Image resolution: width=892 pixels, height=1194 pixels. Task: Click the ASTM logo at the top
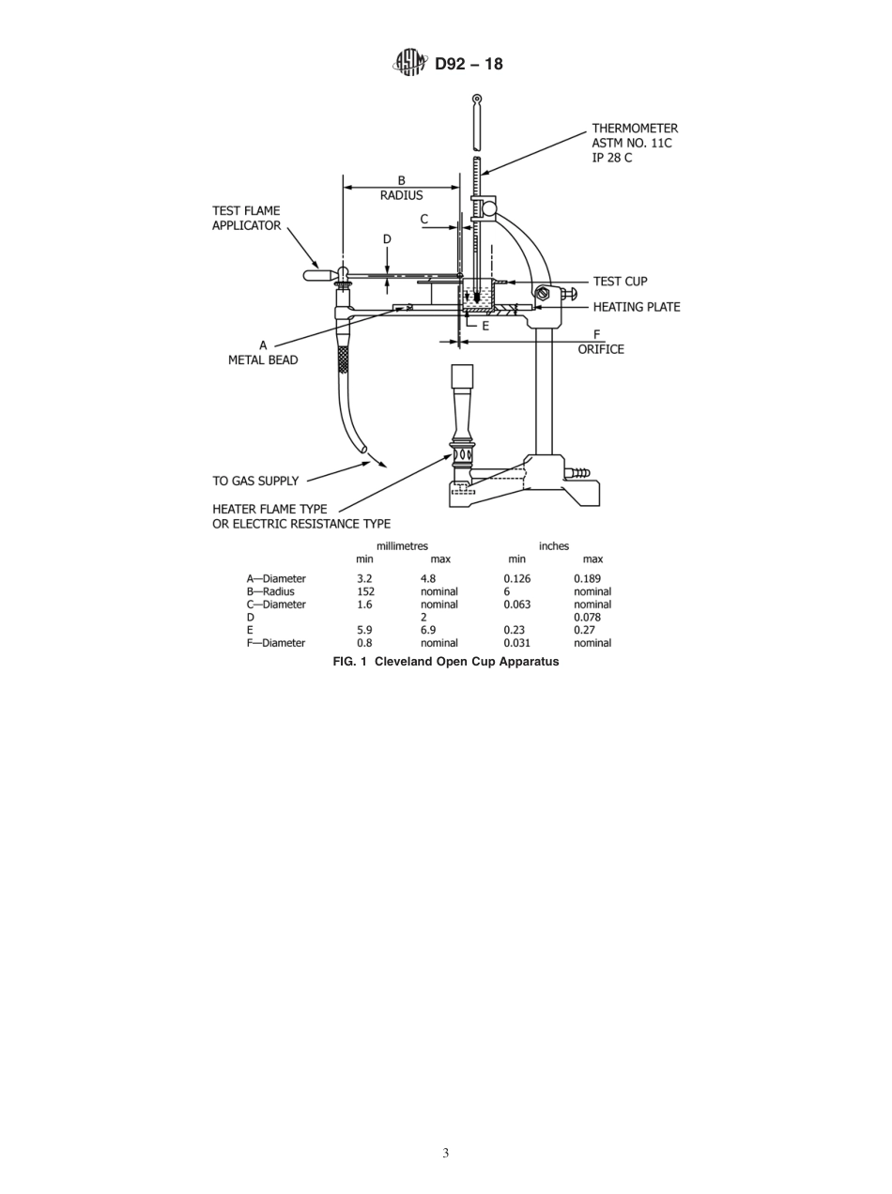tap(410, 64)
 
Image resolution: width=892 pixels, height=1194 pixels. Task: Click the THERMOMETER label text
tap(634, 129)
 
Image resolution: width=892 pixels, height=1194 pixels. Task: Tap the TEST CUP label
tap(620, 282)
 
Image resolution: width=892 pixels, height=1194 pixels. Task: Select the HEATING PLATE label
tap(636, 307)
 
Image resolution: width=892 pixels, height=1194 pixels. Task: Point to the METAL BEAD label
tap(263, 360)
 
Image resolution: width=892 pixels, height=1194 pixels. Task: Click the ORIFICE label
tap(600, 349)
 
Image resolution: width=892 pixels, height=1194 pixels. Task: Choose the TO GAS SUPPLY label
tap(255, 481)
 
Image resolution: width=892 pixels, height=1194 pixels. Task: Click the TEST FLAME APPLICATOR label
tap(246, 218)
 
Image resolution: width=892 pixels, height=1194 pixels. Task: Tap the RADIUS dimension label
tap(401, 195)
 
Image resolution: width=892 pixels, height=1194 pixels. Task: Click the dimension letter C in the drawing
tap(424, 220)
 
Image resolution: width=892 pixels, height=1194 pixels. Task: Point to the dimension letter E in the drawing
tap(485, 326)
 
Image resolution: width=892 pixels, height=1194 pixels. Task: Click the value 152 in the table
tap(365, 591)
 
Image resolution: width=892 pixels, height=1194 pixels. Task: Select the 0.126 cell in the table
tap(516, 578)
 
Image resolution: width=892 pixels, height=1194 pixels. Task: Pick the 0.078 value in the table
tap(587, 618)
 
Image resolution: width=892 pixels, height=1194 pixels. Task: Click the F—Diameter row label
tap(275, 643)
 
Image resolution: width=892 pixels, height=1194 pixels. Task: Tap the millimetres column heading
tap(402, 545)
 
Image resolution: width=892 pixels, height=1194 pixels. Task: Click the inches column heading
tap(553, 545)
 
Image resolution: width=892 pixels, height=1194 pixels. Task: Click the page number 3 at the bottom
tap(445, 1153)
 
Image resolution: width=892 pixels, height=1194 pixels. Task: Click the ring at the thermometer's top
tap(477, 99)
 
